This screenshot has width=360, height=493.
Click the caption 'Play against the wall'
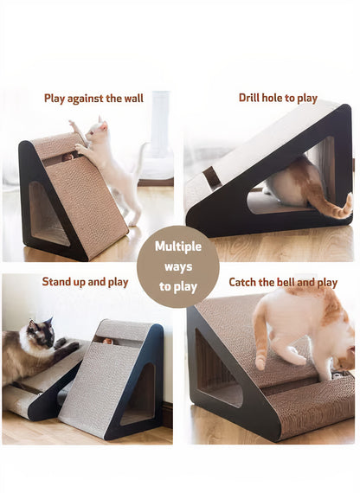tap(93, 99)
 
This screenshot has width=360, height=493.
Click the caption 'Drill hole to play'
tap(278, 98)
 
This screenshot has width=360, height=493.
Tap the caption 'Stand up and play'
tap(85, 282)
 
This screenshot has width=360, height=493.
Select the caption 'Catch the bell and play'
tap(283, 282)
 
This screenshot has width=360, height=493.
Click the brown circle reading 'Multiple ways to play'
tap(177, 266)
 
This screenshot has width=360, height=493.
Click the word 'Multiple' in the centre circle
tap(177, 246)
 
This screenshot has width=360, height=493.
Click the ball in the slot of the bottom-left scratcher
tap(107, 341)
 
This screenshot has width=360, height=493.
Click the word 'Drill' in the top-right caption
tap(252, 98)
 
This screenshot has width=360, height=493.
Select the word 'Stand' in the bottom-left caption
tap(58, 282)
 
